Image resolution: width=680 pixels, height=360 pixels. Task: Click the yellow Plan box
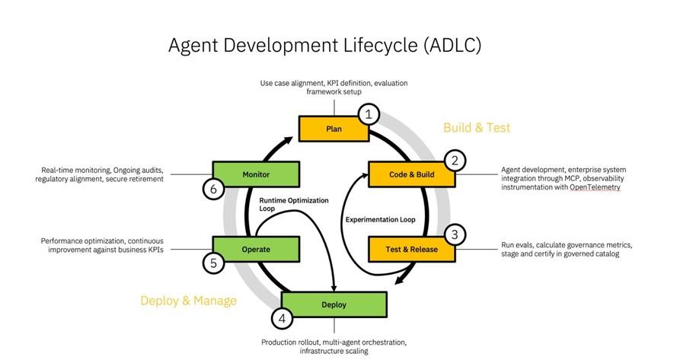[334, 129]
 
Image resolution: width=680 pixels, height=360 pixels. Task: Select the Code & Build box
[412, 174]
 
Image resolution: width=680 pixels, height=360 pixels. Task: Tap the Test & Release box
[412, 249]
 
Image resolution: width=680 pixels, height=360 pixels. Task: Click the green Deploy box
[334, 304]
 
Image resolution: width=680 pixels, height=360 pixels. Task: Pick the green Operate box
[255, 249]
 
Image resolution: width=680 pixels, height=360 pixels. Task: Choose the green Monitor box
[255, 174]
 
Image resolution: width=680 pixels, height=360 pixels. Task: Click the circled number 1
[369, 115]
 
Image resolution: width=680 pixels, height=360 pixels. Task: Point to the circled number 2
[455, 161]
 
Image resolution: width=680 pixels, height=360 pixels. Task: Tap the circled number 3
[455, 234]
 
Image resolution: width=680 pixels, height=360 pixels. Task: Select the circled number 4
[283, 319]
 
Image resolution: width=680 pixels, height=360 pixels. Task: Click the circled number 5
[212, 263]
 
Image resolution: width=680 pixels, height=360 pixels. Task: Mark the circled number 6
[212, 189]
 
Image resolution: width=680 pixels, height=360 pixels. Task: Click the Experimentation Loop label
[381, 219]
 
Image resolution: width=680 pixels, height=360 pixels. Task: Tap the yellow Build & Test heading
[477, 128]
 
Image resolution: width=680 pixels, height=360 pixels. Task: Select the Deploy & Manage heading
[188, 301]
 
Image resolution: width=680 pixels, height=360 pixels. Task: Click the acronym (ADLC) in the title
[452, 45]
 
